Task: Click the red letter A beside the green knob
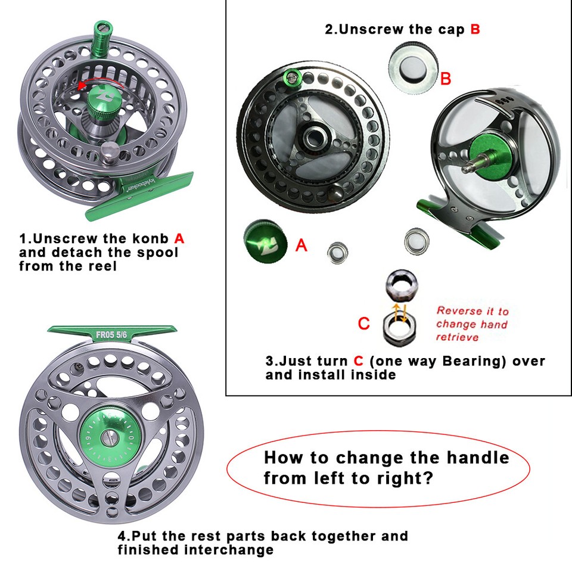pyautogui.click(x=301, y=244)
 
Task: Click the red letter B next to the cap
pyautogui.click(x=446, y=78)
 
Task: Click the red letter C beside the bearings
pyautogui.click(x=363, y=324)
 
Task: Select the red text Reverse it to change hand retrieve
pyautogui.click(x=472, y=324)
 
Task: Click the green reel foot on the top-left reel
pyautogui.click(x=140, y=195)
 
